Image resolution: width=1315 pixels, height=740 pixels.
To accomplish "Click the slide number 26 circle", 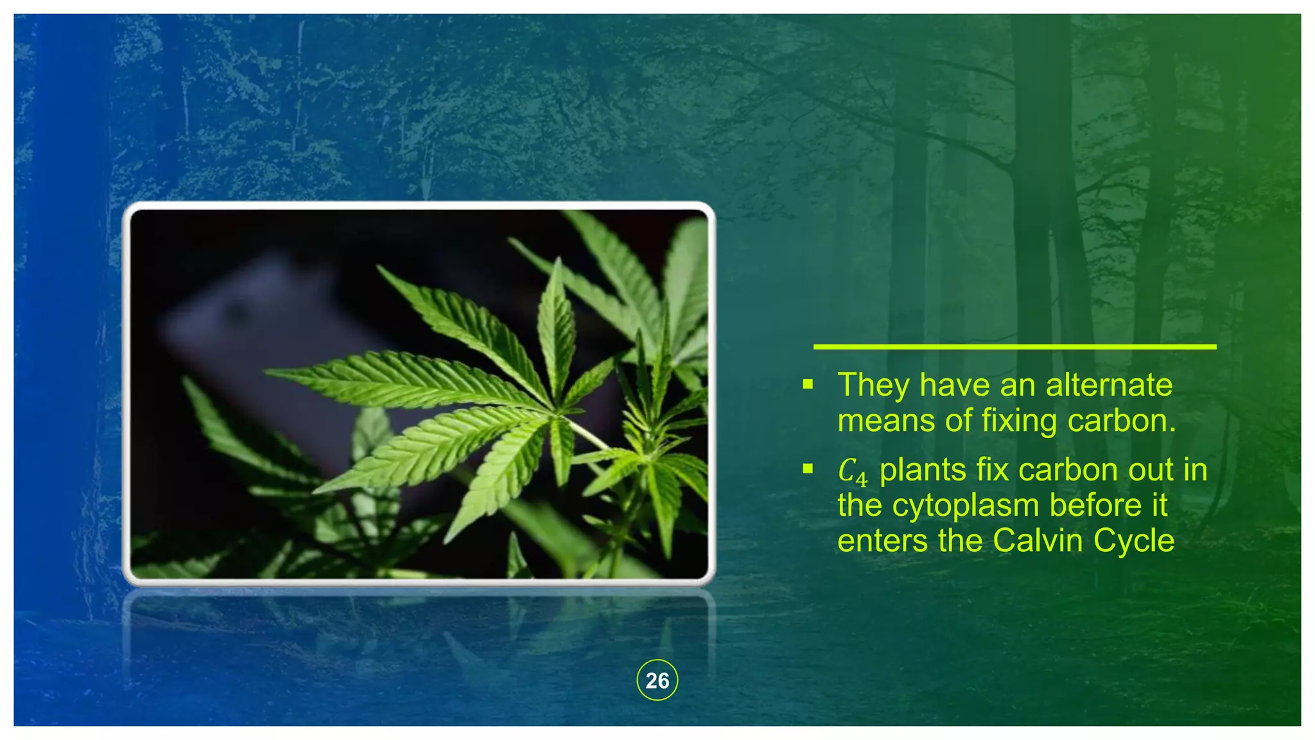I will click(657, 680).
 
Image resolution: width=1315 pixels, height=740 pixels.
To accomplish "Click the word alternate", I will click(1109, 385).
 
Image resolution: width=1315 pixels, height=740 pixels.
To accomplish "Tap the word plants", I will click(923, 470).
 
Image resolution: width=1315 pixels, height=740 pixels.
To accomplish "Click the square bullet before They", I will click(808, 385).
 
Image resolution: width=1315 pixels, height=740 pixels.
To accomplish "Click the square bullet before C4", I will click(808, 470).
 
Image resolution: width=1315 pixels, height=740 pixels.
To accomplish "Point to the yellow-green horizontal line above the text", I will click(1015, 347).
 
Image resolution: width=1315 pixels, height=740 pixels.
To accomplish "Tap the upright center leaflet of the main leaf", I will click(555, 328).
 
